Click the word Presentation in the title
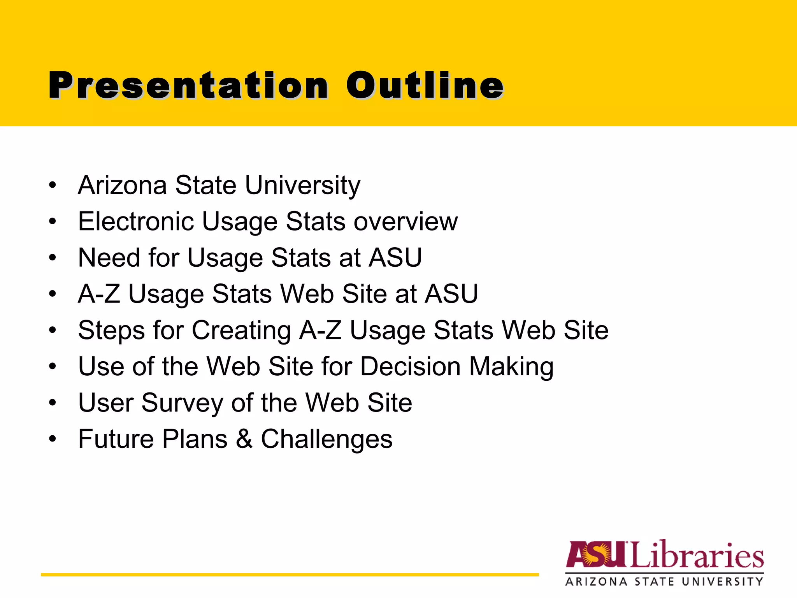pos(189,86)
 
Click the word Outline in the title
pos(425,86)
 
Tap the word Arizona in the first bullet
pos(122,185)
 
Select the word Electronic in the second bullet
pos(135,221)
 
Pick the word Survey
pos(182,403)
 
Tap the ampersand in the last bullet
pos(244,439)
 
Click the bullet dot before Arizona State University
pos(53,185)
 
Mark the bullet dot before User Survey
pos(53,403)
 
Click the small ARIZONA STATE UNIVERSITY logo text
pos(664,582)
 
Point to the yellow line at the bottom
pos(290,575)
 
